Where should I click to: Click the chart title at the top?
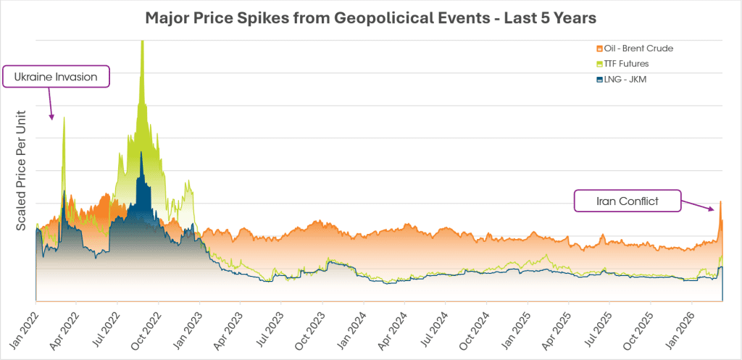click(x=370, y=17)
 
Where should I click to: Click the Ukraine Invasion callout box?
click(x=57, y=76)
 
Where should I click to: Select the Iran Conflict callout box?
click(x=628, y=201)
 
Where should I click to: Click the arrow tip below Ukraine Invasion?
click(x=52, y=117)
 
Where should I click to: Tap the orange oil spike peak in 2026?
click(x=720, y=201)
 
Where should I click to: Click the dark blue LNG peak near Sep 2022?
click(x=141, y=153)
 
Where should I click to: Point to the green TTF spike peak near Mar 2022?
click(x=64, y=116)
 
